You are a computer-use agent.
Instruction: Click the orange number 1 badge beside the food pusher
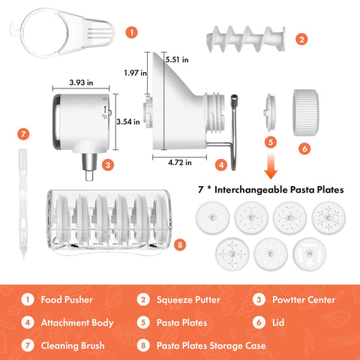(132, 32)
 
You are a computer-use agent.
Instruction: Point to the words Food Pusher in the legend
(68, 300)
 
